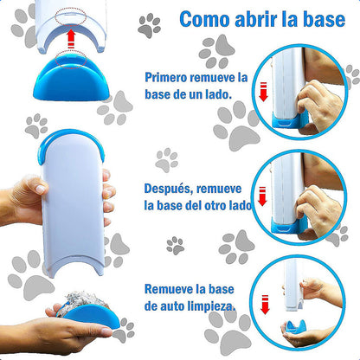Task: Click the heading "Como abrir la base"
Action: click(x=256, y=20)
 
